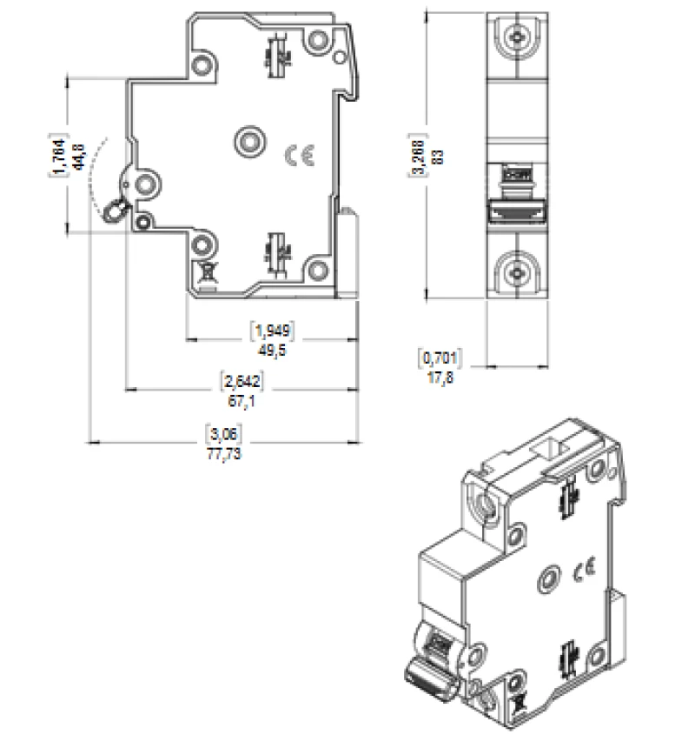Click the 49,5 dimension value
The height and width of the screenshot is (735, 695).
(x=272, y=348)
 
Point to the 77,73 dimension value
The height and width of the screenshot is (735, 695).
(x=222, y=455)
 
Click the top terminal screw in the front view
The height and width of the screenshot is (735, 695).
(x=519, y=37)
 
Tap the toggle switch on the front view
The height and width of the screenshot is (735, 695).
(x=519, y=209)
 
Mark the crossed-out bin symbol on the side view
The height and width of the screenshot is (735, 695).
(x=208, y=275)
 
